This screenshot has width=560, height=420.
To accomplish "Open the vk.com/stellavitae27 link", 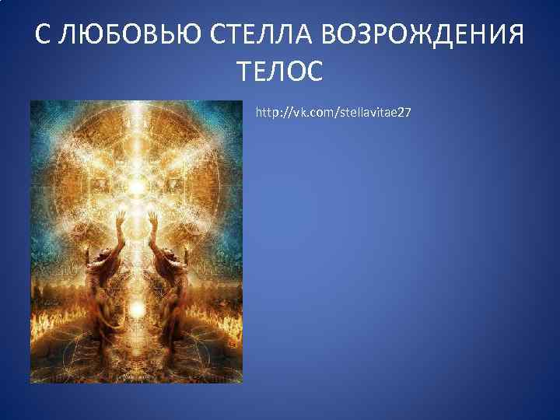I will pos(334,114).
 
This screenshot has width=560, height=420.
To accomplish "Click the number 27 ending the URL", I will pos(404,114).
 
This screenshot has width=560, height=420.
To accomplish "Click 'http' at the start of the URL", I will pos(268,114).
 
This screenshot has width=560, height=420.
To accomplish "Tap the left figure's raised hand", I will pos(121,217).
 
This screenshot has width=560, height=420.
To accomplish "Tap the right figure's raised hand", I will pos(153,217).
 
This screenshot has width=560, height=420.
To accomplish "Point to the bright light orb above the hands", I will pos(137,187).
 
